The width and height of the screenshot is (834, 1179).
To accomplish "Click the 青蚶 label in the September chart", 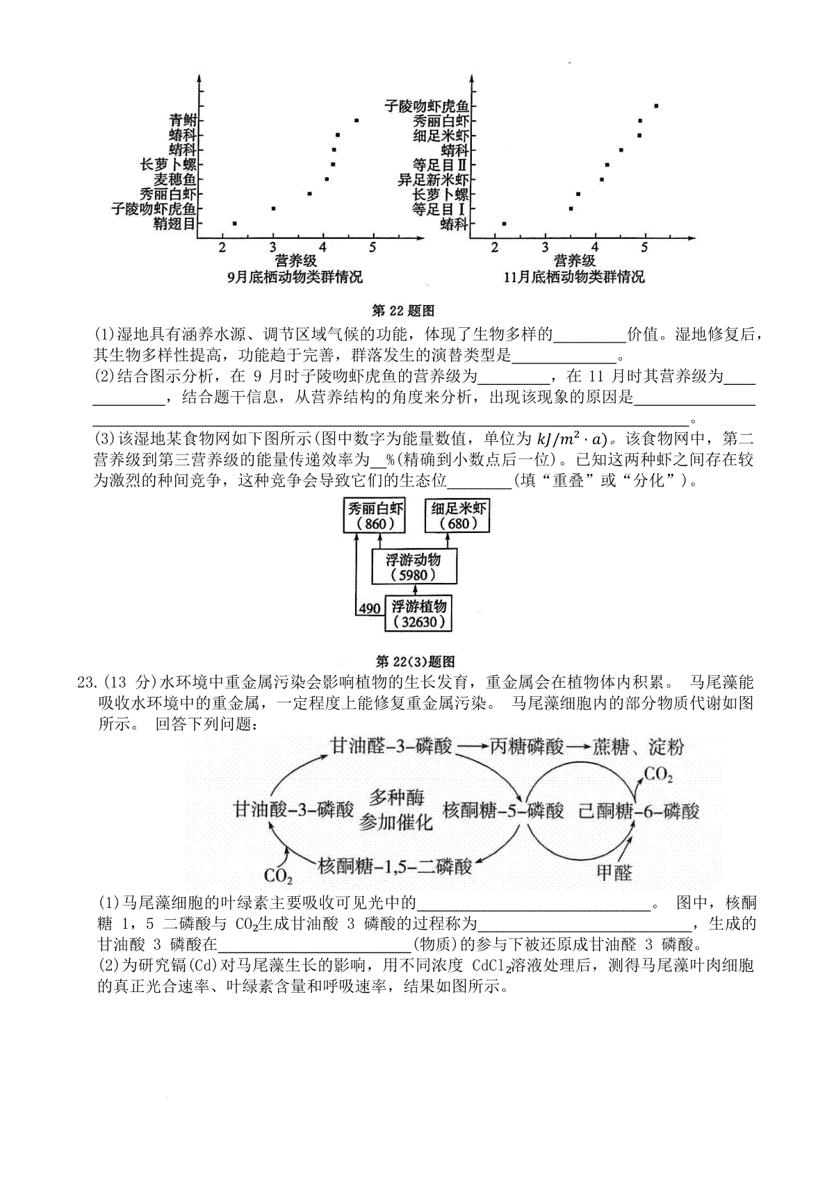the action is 182,120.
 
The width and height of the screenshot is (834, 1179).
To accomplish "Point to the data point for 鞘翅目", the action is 234,224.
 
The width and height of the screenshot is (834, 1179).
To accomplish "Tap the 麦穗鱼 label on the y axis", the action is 175,179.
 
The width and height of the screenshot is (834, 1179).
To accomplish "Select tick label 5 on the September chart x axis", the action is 373,247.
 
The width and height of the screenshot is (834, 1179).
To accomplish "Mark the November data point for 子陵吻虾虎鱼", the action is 656,106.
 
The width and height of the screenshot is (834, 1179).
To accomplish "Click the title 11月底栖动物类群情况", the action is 574,277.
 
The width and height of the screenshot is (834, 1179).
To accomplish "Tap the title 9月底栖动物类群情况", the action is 295,277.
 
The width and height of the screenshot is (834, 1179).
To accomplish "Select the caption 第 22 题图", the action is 403,311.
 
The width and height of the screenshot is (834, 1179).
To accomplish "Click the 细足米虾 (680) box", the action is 457,516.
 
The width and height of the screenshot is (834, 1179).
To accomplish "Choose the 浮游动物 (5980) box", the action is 414,566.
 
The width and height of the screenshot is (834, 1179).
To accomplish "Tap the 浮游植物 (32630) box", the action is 418,613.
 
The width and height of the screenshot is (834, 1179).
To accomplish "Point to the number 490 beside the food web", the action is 370,609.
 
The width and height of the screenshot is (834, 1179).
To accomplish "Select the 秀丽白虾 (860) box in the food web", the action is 375,516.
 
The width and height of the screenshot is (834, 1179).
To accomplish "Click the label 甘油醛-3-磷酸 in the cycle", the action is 391,746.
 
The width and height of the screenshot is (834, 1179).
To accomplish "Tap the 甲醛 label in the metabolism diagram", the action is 614,873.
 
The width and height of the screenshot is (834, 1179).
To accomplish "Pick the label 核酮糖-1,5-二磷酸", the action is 395,866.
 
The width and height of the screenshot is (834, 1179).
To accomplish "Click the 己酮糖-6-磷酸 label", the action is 639,811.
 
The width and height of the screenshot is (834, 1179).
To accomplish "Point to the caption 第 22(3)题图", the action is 416,661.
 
